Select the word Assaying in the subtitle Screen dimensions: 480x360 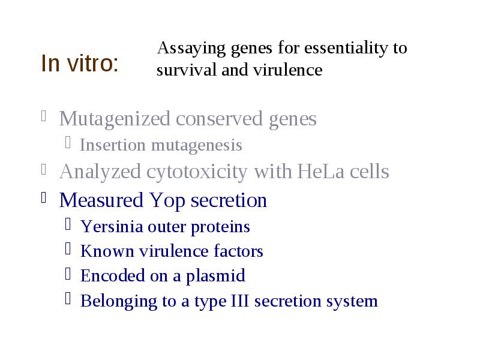191,49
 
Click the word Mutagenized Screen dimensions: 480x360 115,119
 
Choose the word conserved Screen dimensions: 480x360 219,119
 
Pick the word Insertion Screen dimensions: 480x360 113,145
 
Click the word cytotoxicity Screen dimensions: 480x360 197,172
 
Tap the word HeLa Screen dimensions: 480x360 321,171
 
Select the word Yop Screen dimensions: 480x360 167,201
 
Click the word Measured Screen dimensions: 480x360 101,200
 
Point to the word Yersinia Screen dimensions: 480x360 112,227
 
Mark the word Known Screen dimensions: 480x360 107,251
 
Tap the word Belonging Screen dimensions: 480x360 119,302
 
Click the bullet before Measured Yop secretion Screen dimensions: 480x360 43,197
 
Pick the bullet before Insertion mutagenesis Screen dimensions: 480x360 68,143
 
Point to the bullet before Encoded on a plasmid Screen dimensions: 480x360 68,274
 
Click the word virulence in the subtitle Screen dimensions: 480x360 287,70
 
